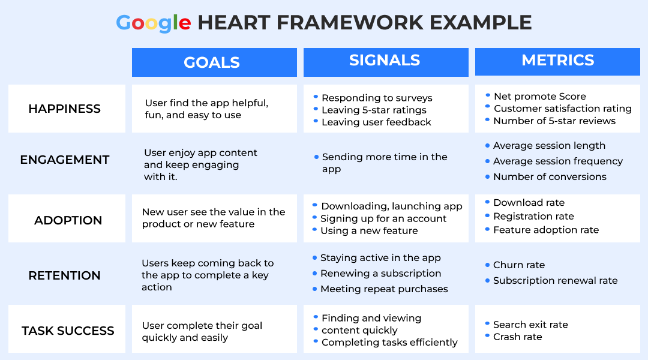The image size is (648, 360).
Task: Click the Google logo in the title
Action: [154, 23]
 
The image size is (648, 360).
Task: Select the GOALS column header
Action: [212, 62]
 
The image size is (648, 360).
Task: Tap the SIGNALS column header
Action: [385, 61]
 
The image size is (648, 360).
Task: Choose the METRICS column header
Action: [557, 61]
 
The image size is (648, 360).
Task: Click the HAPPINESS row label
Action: [64, 109]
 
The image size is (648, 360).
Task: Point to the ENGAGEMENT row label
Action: [65, 160]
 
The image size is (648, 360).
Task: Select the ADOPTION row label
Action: [68, 220]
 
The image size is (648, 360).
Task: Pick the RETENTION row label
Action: [64, 275]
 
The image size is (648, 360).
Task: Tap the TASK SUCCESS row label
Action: [68, 331]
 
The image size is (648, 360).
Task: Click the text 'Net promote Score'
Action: [540, 97]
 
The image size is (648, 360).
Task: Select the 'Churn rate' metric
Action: [519, 265]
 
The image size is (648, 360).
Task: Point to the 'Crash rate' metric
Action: [517, 337]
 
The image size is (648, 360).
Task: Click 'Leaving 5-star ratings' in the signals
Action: [374, 110]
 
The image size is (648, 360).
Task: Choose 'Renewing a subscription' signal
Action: [380, 273]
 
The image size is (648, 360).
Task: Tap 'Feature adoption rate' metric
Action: [546, 230]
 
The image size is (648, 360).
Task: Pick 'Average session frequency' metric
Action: [558, 161]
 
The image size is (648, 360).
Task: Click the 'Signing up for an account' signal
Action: [383, 218]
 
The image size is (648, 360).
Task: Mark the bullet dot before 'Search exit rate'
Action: [488, 323]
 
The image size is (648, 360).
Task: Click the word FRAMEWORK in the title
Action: [350, 23]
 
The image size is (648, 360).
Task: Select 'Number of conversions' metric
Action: [550, 177]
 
